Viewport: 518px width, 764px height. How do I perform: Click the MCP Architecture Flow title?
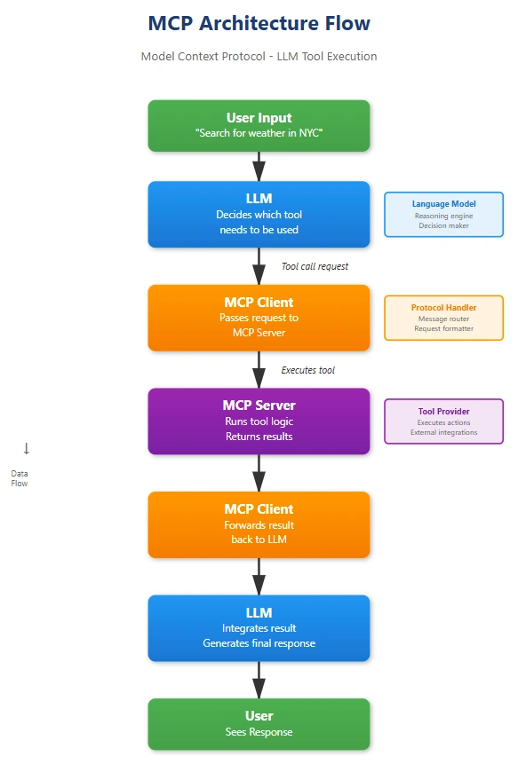(x=259, y=23)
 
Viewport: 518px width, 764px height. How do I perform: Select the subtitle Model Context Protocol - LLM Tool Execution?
(x=259, y=57)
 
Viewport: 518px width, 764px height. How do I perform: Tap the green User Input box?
(x=259, y=126)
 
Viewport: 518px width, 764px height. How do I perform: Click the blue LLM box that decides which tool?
(x=259, y=215)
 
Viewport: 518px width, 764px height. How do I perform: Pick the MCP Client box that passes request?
(x=259, y=318)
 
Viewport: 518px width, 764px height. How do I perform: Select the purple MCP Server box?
(x=259, y=421)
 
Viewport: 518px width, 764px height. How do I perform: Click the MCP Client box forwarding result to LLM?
(x=259, y=524)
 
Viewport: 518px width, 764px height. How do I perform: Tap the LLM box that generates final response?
(x=259, y=628)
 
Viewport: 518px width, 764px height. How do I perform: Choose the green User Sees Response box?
(x=259, y=724)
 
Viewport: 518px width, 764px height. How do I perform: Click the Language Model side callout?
(x=444, y=215)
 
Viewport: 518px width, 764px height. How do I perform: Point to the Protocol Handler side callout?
(x=444, y=318)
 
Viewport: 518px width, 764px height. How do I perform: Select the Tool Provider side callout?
(x=444, y=421)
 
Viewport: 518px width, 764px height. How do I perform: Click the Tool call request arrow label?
(x=315, y=266)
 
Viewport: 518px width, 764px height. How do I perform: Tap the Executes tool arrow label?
(x=307, y=370)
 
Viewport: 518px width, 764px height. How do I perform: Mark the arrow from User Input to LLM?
(x=259, y=166)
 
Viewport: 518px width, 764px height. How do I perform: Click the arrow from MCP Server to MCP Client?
(x=259, y=473)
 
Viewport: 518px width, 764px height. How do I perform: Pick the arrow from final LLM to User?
(x=259, y=680)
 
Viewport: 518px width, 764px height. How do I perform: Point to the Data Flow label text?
(x=20, y=478)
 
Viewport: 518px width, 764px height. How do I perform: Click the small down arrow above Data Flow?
(x=27, y=448)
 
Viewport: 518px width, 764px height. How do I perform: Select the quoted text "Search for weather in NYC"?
(x=259, y=133)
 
